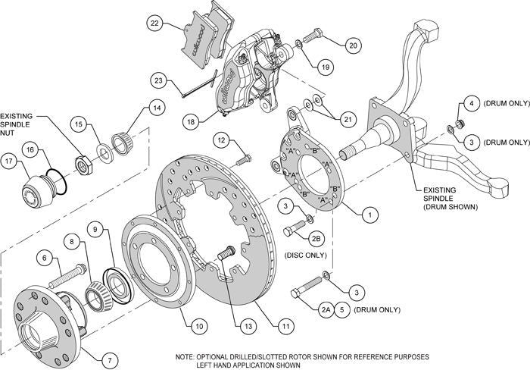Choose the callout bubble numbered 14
155,108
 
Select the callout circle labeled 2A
326,310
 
